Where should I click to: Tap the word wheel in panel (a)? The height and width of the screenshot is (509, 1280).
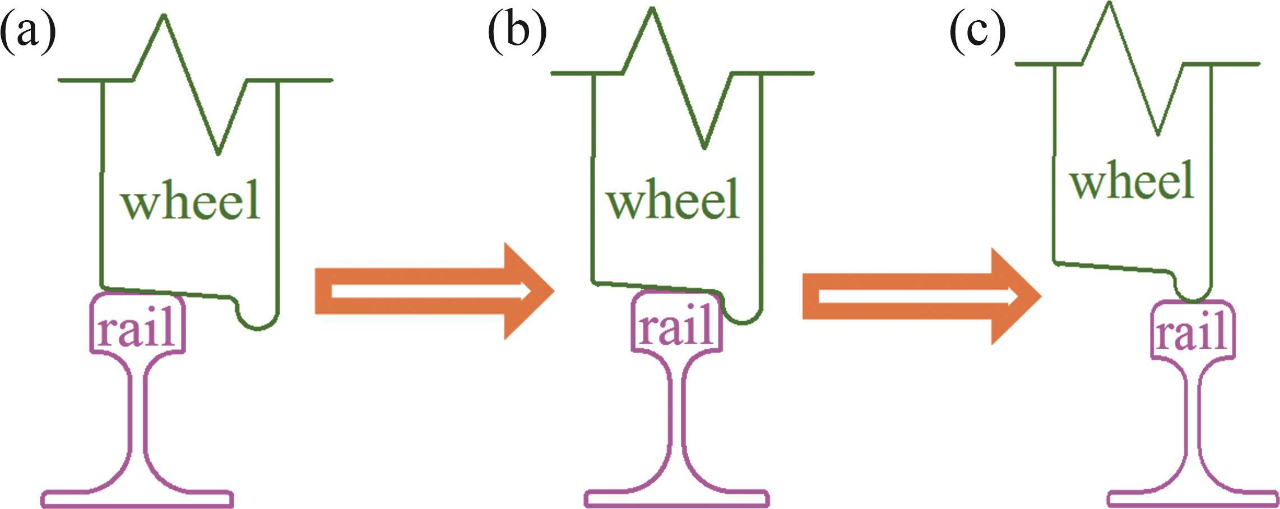(191, 200)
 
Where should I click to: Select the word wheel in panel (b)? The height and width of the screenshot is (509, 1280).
(673, 200)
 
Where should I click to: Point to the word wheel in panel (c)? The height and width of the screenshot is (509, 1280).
(1132, 181)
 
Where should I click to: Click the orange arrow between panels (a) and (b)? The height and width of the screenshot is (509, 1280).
(434, 291)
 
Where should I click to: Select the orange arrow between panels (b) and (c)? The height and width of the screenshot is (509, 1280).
(922, 296)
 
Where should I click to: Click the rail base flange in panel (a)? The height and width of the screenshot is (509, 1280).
(137, 498)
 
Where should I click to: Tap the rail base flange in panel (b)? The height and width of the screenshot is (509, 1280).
(676, 498)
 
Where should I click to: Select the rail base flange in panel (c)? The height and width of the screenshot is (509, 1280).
(1193, 498)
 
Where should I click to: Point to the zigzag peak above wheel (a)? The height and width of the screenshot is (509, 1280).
(164, 17)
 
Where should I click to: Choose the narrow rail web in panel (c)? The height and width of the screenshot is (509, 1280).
(1193, 415)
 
